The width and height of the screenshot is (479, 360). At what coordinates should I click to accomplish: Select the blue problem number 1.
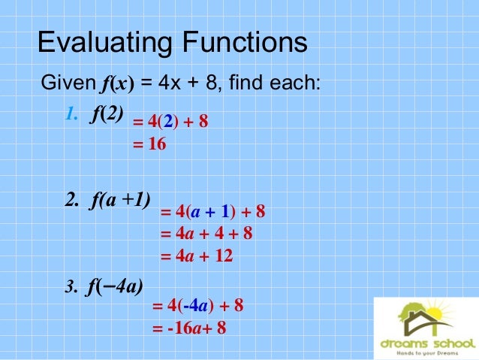[71, 115]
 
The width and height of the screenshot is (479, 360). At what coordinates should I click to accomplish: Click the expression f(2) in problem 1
[107, 115]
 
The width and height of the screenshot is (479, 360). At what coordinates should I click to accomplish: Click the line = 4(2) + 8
[170, 122]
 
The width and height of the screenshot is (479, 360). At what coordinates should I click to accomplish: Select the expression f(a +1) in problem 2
[118, 200]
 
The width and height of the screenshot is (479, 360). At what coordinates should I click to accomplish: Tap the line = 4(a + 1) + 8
[213, 212]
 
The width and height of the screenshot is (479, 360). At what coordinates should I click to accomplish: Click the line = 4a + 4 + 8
[206, 234]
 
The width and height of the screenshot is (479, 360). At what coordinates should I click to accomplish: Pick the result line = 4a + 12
[197, 256]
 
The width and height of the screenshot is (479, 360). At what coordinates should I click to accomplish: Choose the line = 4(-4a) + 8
[197, 306]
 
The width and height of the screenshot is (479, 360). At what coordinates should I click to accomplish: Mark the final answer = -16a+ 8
[189, 328]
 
